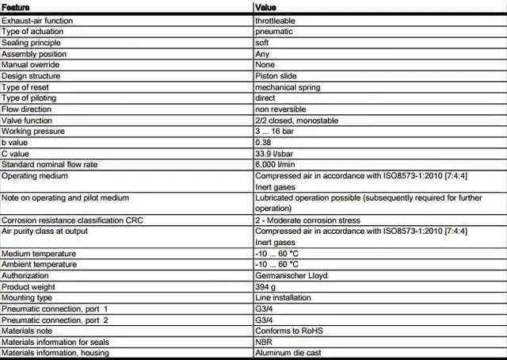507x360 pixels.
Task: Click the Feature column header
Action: point(16,7)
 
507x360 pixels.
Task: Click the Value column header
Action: point(266,7)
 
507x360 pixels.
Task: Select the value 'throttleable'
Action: point(276,19)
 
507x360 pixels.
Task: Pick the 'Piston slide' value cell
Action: point(276,75)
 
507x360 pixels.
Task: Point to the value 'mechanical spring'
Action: point(288,86)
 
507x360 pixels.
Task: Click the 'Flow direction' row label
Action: point(26,109)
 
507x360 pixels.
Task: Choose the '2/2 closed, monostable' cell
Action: point(295,120)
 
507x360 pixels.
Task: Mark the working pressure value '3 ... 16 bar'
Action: point(276,131)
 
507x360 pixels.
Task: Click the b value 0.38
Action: point(263,142)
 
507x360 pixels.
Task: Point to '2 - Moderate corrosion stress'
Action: point(307,220)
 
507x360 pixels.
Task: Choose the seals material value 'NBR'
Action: point(263,342)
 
